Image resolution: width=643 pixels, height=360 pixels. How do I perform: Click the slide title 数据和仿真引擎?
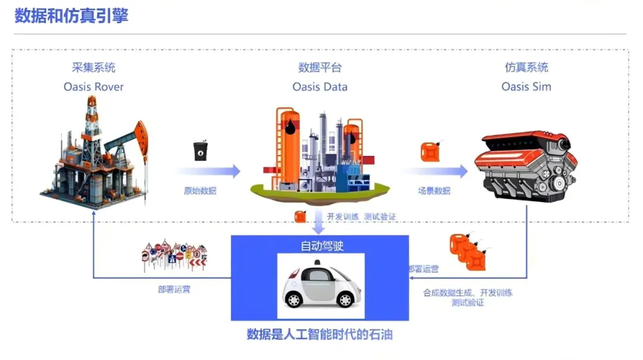(71, 15)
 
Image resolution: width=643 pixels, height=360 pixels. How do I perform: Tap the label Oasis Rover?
(93, 87)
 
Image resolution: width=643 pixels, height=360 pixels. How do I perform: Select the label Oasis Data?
(320, 87)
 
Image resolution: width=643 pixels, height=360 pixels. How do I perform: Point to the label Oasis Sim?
(526, 87)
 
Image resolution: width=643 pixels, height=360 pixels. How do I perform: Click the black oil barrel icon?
(201, 151)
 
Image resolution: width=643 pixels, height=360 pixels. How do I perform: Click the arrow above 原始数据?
(208, 171)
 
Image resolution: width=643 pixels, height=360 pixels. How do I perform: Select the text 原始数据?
(200, 191)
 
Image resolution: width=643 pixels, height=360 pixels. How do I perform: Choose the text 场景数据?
(434, 191)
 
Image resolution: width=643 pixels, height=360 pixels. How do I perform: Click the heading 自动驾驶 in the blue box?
(320, 245)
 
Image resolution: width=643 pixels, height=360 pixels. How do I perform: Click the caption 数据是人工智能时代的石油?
(320, 334)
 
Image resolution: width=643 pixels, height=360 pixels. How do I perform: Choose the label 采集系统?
(93, 67)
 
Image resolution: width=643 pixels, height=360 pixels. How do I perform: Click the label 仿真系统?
(526, 67)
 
